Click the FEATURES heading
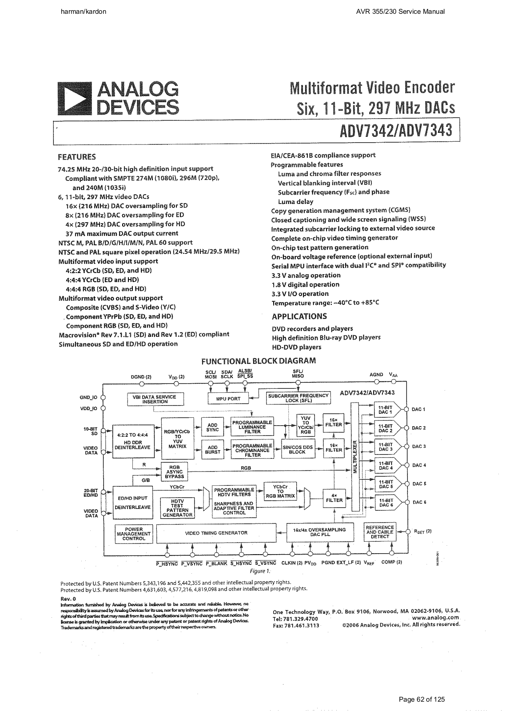click(x=77, y=157)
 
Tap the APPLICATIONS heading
click(x=299, y=316)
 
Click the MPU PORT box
click(x=228, y=399)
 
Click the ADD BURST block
click(x=213, y=449)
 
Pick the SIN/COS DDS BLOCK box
click(x=297, y=449)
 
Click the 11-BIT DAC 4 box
click(x=385, y=465)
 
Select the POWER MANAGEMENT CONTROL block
click(x=134, y=534)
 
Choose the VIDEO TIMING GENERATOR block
click(x=216, y=533)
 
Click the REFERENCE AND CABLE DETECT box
click(x=380, y=532)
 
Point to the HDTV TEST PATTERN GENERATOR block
click(x=177, y=508)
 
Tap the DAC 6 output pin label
click(x=419, y=502)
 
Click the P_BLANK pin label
click(x=217, y=563)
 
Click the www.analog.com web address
click(x=435, y=618)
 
